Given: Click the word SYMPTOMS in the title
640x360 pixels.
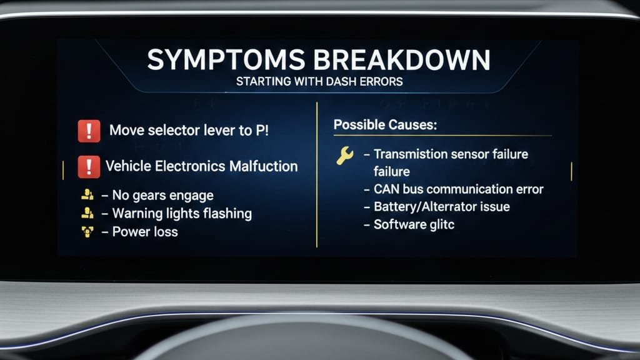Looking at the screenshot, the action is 226,59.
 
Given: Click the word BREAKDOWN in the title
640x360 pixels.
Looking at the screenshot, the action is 402,59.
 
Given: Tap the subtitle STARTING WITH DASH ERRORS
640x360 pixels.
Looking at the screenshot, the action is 319,82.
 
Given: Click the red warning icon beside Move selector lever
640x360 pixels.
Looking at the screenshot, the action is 89,131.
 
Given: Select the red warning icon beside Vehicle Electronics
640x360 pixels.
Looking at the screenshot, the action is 89,166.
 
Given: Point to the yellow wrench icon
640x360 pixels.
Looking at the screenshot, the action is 345,156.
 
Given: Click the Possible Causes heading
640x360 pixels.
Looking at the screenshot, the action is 385,124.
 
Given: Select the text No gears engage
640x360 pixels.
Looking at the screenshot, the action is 163,196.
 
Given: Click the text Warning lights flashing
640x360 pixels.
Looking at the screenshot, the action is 182,214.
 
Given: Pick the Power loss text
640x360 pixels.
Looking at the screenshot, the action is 145,232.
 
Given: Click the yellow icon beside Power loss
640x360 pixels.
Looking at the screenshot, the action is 87,232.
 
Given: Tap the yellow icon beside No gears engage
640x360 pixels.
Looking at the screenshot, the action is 87,194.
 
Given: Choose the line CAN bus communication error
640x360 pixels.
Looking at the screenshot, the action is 459,189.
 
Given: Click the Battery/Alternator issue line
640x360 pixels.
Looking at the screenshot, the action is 442,206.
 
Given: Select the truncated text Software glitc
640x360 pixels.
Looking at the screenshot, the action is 414,224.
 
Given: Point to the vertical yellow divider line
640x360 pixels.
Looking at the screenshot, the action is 317,175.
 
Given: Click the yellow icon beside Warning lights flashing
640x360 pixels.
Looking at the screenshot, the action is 87,212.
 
